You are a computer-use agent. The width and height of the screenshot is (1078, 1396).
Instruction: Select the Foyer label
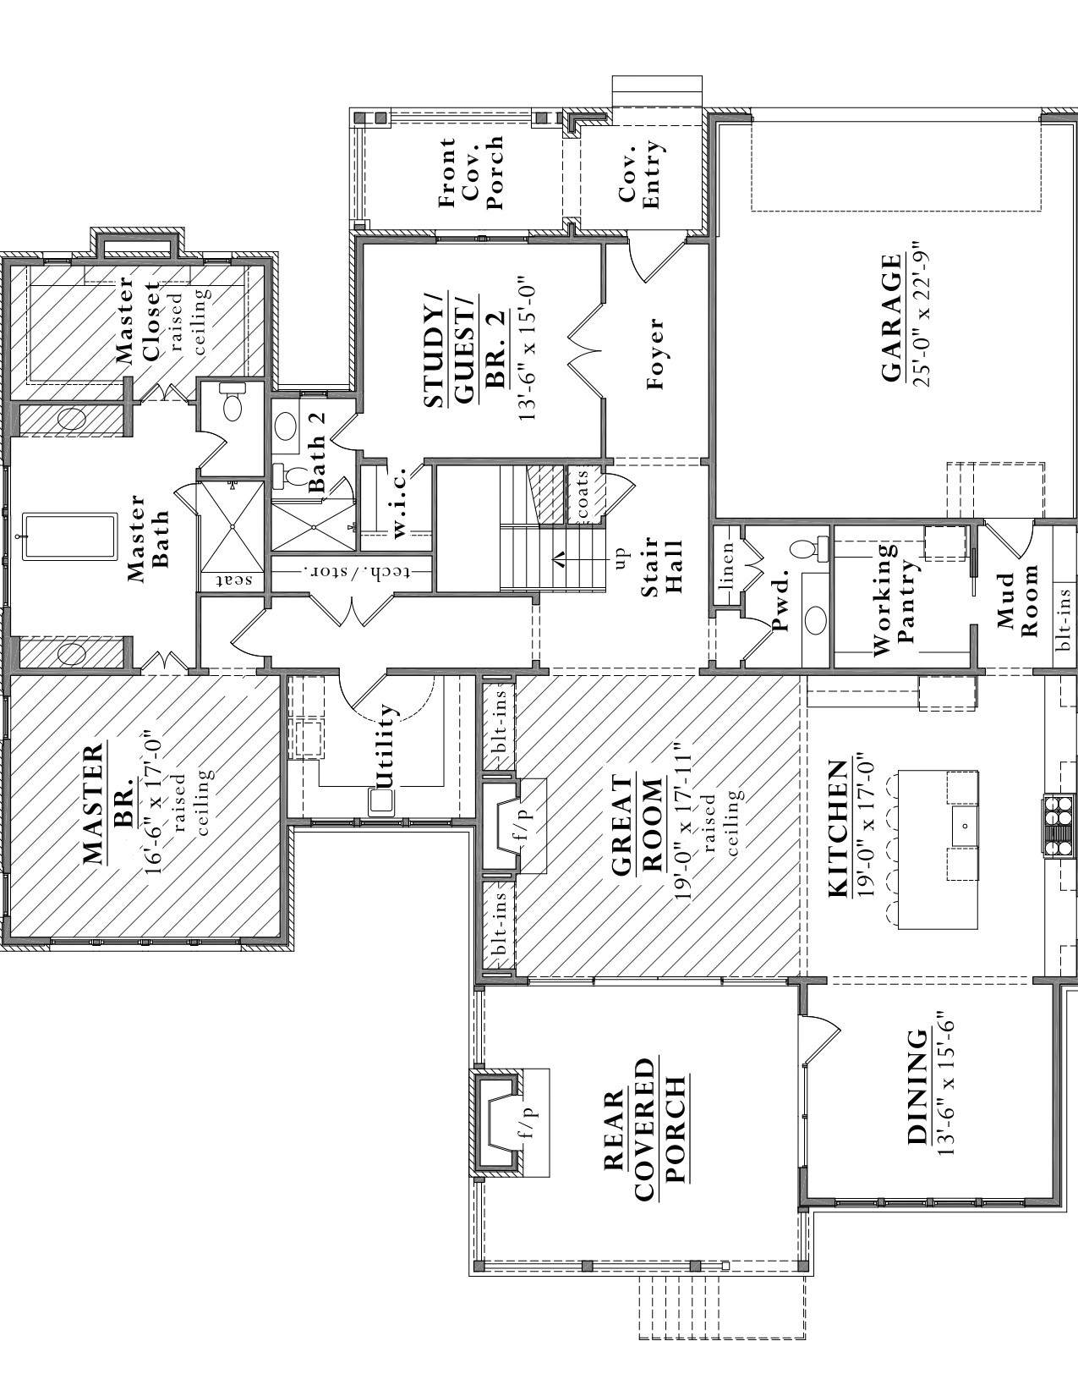point(655,354)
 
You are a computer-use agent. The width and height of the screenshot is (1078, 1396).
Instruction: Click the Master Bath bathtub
point(69,536)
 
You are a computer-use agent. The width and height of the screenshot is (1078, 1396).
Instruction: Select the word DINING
point(917,1087)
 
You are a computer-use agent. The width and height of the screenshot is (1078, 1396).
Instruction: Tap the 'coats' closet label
point(582,495)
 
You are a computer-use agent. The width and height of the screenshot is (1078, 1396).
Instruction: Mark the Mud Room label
point(1017,602)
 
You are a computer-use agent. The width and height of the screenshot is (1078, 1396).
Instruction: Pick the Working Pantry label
point(895,599)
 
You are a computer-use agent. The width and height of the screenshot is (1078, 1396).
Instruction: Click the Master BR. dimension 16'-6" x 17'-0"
point(155,808)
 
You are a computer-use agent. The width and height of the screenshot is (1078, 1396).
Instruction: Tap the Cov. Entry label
point(640,176)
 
